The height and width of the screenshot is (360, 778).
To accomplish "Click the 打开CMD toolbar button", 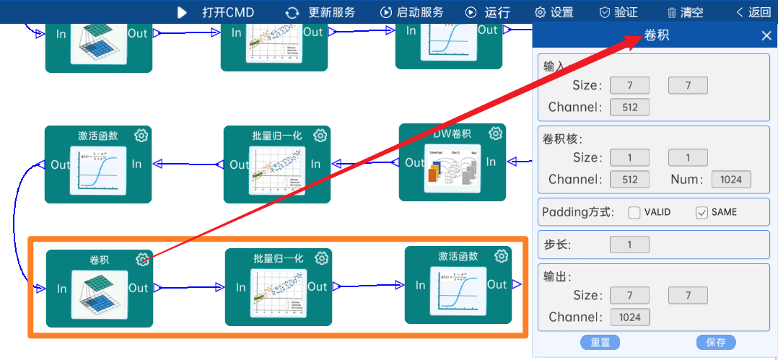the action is click(216, 12).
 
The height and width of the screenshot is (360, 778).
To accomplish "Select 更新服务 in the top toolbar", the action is click(321, 12).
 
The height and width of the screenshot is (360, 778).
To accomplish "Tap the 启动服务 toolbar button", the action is click(412, 12).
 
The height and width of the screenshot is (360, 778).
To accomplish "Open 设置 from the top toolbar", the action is click(554, 12).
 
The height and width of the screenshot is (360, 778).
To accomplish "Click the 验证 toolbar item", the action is click(619, 12).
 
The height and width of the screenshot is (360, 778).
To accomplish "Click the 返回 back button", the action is click(753, 12).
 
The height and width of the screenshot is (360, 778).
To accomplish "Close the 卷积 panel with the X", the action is click(766, 36).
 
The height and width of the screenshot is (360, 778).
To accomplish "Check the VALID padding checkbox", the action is click(634, 212).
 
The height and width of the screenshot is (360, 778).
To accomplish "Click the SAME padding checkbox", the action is click(702, 212).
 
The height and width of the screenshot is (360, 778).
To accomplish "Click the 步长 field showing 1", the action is click(629, 245).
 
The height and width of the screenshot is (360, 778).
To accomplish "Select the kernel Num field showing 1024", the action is click(731, 180).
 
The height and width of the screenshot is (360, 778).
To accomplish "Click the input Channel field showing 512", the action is click(629, 107).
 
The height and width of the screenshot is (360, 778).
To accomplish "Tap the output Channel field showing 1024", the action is click(629, 317).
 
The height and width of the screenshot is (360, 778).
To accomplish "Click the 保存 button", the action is click(716, 343).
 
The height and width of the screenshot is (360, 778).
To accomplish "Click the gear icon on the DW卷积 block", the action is click(495, 133).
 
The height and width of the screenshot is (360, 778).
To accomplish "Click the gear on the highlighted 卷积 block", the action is click(143, 260).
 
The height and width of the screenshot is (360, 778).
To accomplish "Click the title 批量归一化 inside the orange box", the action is click(279, 258).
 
